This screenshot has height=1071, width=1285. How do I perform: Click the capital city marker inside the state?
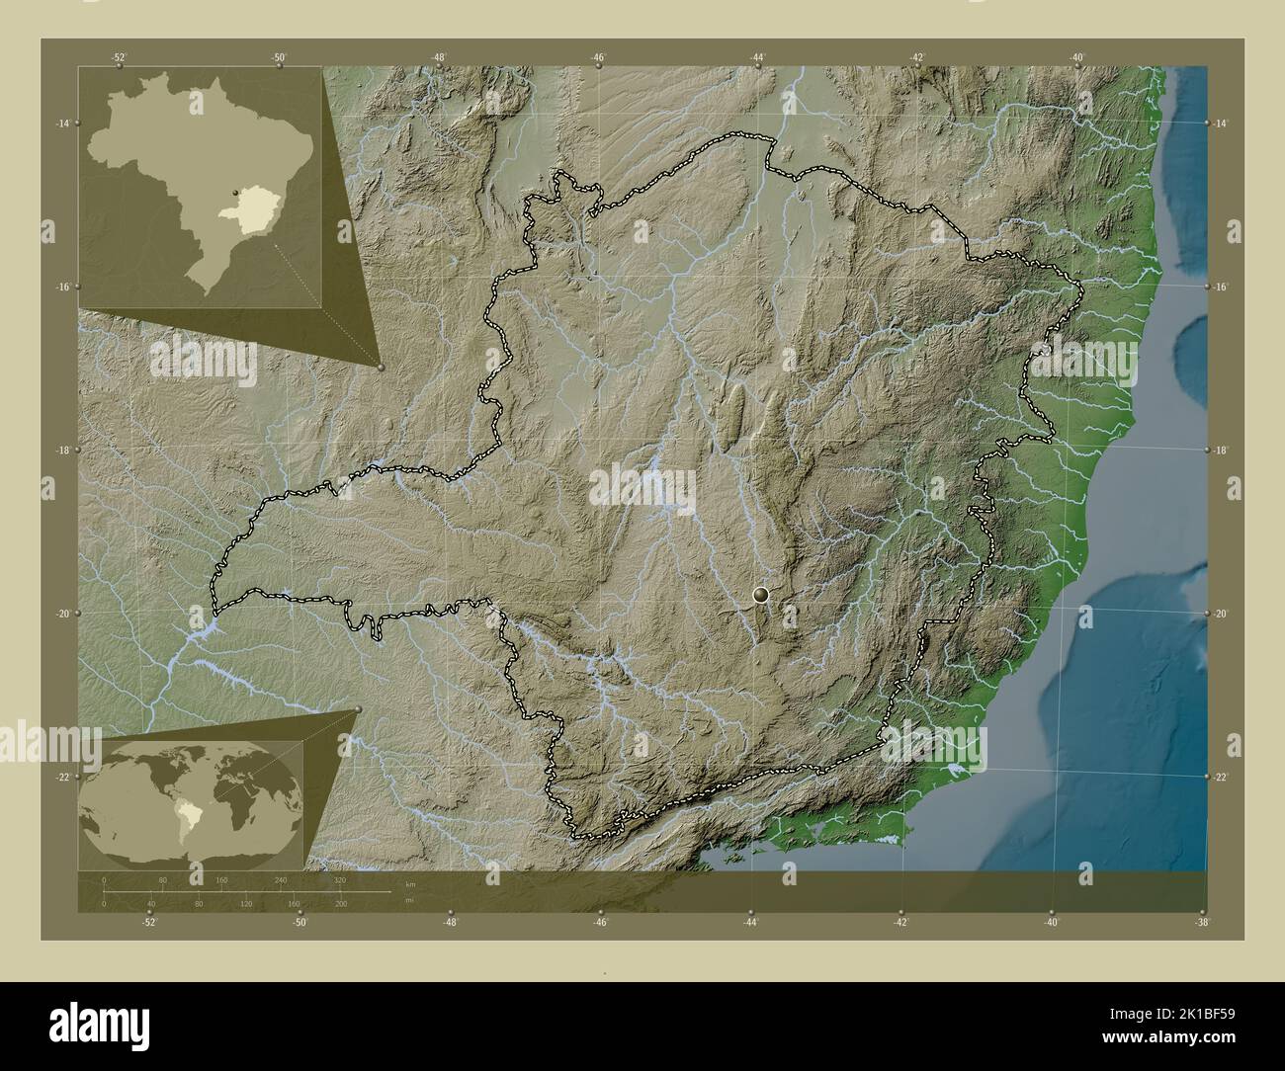(x=760, y=594)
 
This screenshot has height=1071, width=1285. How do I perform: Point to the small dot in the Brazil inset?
(x=234, y=194)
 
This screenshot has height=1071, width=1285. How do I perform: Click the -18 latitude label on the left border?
(x=62, y=450)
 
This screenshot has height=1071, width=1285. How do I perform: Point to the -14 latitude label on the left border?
(x=62, y=123)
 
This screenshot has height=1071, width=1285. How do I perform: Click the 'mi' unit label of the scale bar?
(x=408, y=900)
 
